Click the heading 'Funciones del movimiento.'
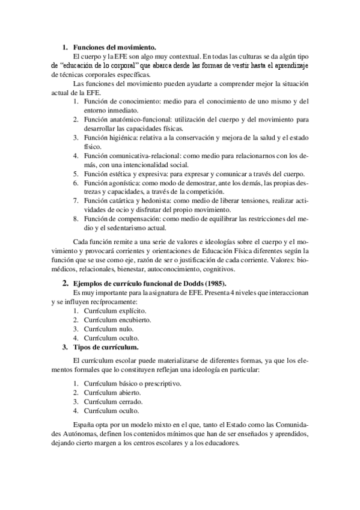[114, 47]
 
